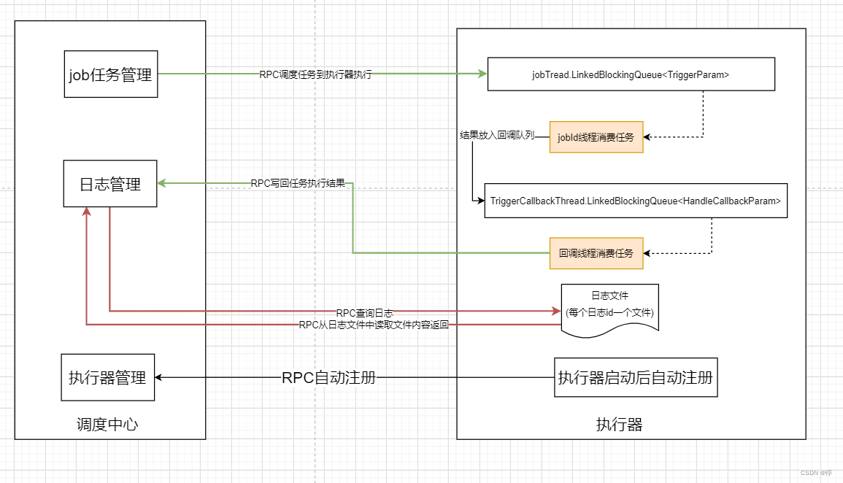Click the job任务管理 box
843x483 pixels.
[111, 74]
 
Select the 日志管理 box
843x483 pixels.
[110, 184]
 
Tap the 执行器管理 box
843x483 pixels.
[107, 377]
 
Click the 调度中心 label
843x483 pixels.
[107, 425]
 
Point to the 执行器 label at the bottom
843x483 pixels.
[619, 425]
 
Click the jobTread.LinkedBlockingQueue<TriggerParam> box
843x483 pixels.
[631, 75]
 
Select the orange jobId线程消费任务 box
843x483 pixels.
[596, 137]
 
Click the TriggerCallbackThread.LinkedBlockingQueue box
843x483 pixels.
[636, 201]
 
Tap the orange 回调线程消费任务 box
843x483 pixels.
[596, 253]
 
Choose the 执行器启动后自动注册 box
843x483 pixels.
[635, 377]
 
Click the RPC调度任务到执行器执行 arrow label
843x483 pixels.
[315, 74]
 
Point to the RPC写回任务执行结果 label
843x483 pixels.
[298, 183]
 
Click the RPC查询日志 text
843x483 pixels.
[364, 312]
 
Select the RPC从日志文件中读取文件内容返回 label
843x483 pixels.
[374, 325]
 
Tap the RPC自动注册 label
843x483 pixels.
[328, 377]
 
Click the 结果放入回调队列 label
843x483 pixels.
[496, 136]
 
